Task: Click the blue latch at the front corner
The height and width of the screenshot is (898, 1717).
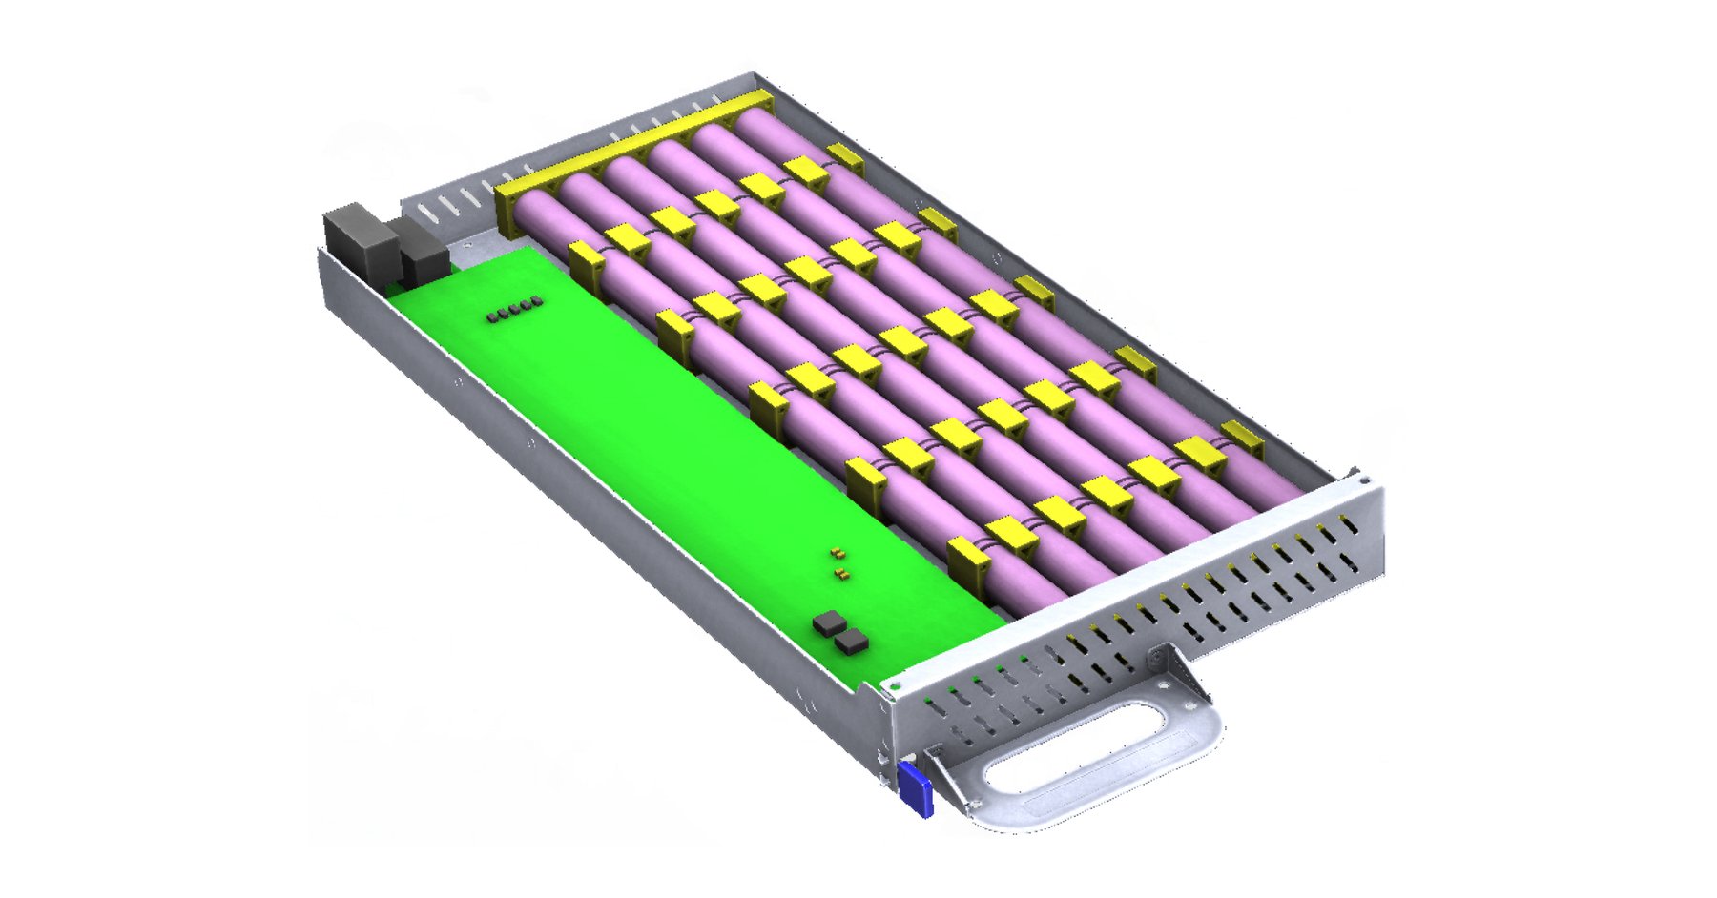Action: click(914, 789)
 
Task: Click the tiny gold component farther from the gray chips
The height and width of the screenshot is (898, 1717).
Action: click(837, 552)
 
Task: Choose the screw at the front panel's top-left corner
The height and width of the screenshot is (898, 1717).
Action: click(895, 685)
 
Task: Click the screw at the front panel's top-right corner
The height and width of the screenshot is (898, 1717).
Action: click(1365, 481)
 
